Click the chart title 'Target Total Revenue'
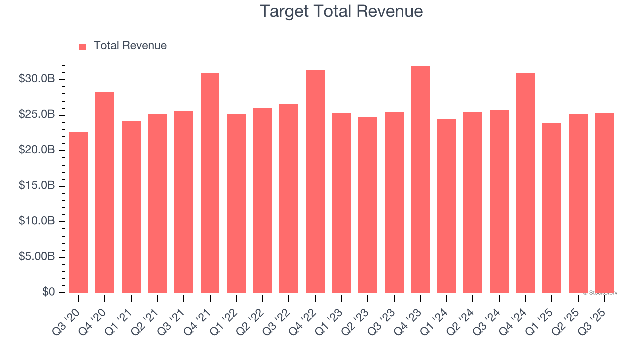coord(341,11)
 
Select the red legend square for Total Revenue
coord(83,46)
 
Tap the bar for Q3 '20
coord(79,212)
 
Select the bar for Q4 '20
coord(105,192)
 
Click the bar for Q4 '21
coord(210,183)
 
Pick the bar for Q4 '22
coord(315,181)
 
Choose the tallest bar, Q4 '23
coord(420,180)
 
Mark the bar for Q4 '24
coord(525,183)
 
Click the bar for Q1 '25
coord(552,208)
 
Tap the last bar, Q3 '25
coord(604,203)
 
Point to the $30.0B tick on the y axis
coord(37,79)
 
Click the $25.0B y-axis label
coord(37,115)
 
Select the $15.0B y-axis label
coord(37,186)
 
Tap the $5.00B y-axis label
coord(37,257)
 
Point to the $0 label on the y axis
coord(49,292)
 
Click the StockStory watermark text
coord(600,293)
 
